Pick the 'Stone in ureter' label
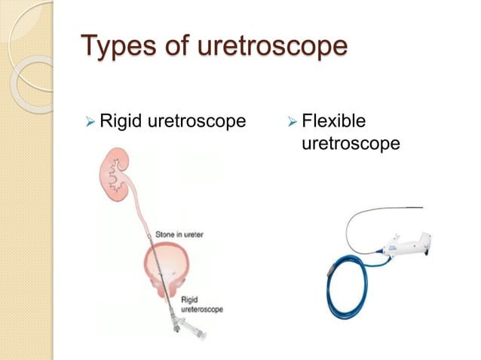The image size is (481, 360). pyautogui.click(x=180, y=234)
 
